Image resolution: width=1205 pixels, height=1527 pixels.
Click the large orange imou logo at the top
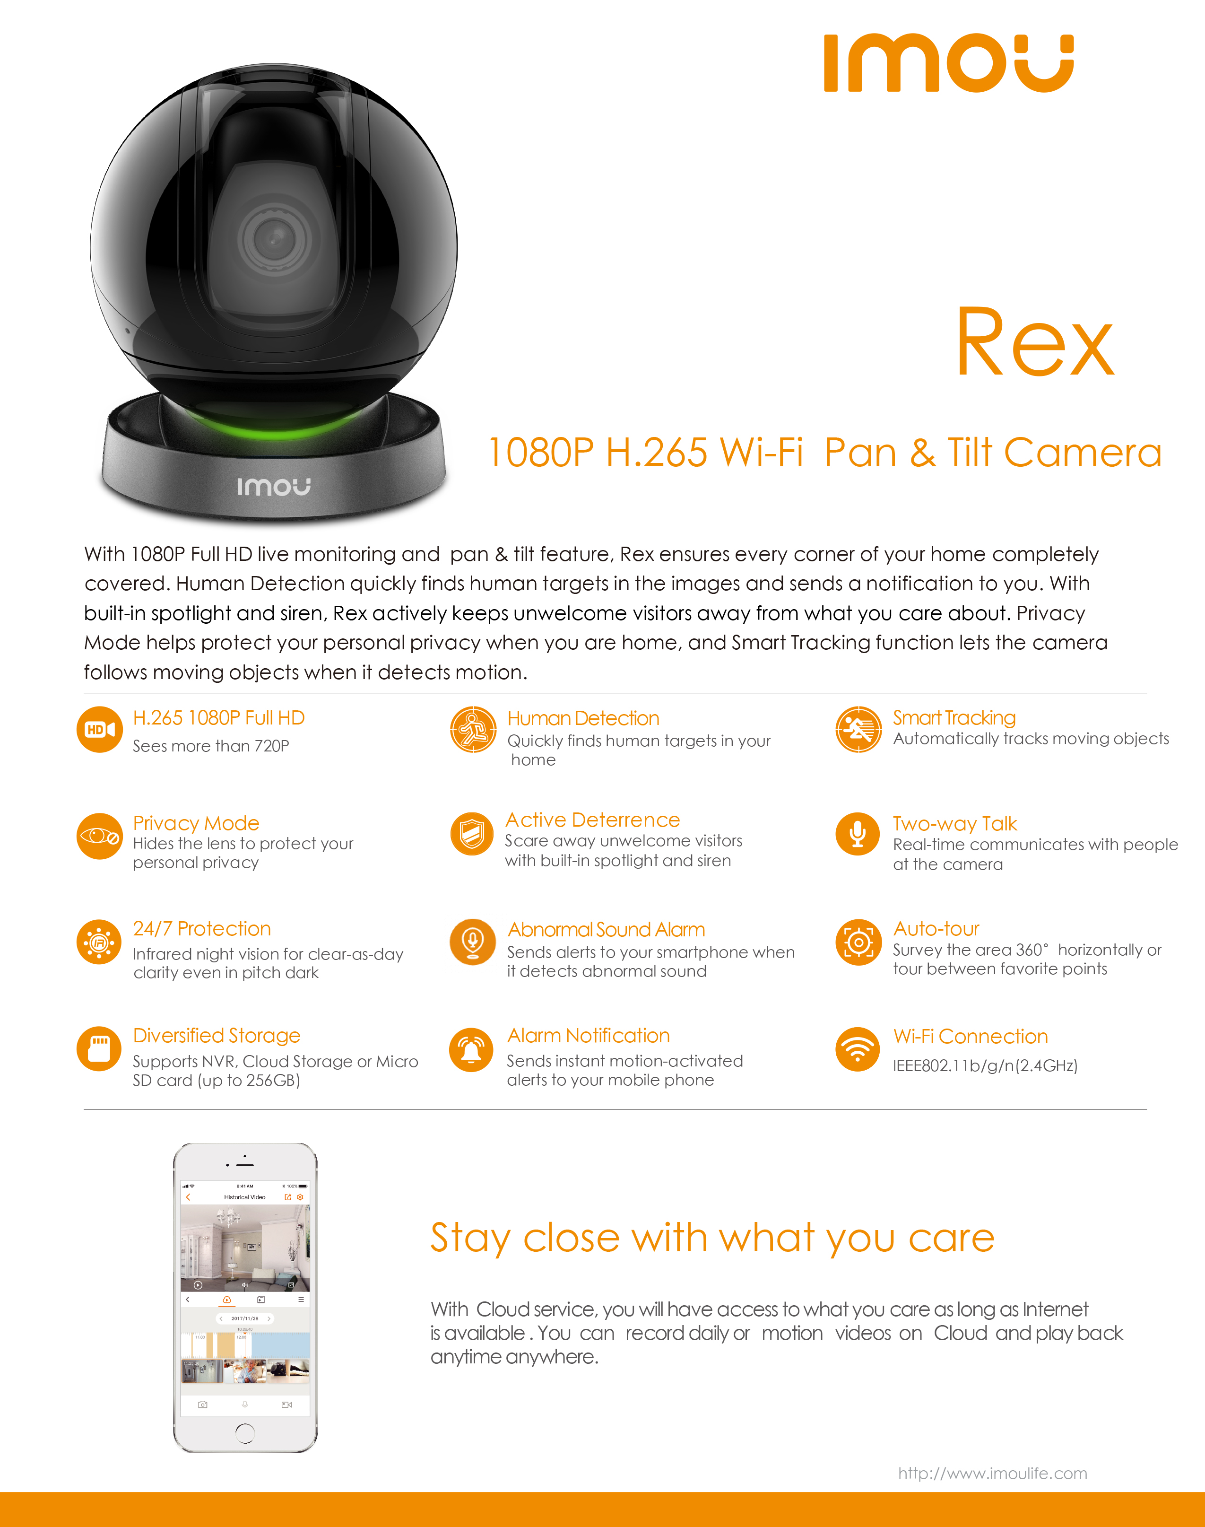[948, 63]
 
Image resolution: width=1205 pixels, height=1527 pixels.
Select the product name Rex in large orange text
[1035, 344]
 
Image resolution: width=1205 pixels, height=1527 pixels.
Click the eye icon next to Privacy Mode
[99, 836]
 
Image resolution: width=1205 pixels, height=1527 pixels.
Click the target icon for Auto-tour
[858, 942]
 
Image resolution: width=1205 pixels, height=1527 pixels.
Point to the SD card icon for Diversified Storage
[99, 1048]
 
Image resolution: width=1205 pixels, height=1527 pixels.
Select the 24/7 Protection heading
[202, 929]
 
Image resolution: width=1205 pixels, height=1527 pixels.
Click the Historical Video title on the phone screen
[245, 1197]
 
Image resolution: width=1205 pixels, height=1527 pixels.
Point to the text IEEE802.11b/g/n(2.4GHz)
[985, 1065]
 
